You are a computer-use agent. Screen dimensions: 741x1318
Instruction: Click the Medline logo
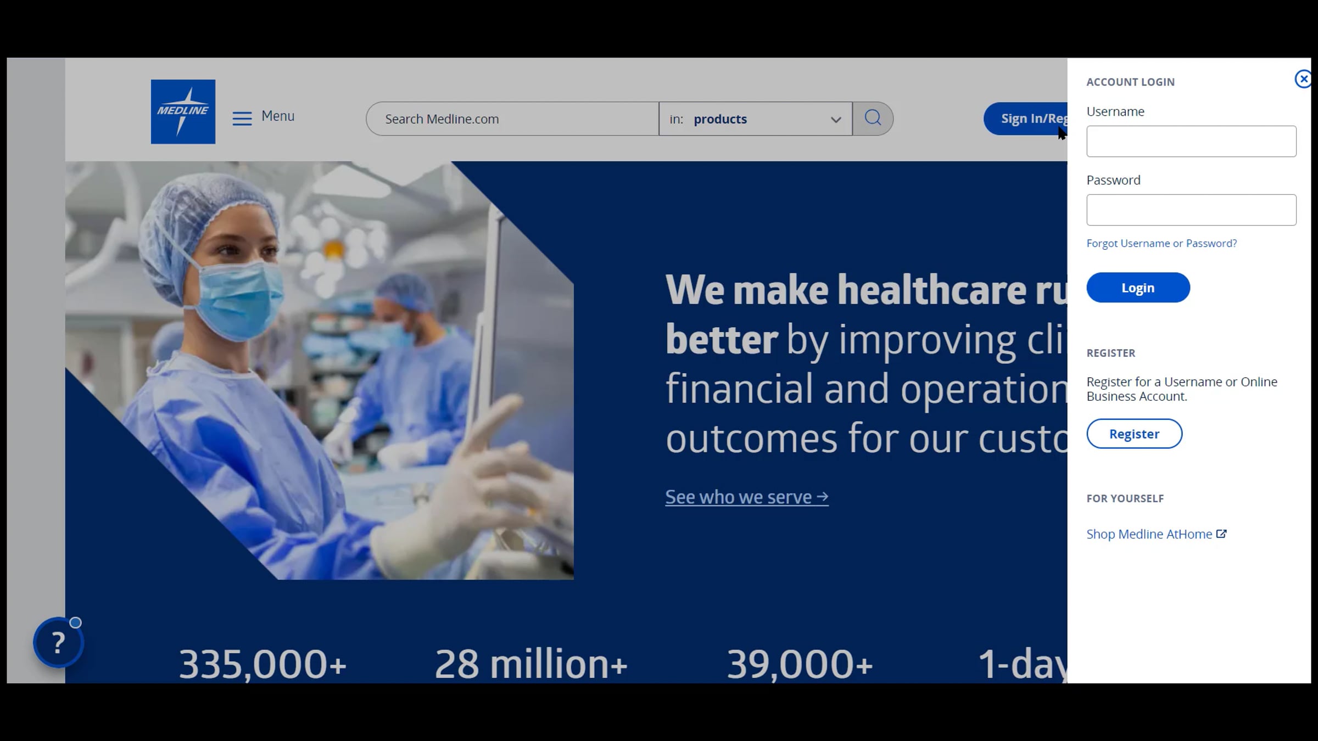[183, 111]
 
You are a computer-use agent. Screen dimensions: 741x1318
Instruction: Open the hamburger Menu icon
[242, 118]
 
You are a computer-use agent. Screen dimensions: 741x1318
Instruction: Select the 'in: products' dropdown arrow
[835, 120]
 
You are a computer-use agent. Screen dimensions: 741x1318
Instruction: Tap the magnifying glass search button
[873, 118]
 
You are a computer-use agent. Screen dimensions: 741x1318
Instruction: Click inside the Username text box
[1191, 142]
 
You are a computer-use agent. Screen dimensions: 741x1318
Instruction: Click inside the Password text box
[1191, 210]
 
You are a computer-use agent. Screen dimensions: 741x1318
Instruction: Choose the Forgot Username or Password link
[1161, 243]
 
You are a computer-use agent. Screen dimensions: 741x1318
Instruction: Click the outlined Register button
[1133, 434]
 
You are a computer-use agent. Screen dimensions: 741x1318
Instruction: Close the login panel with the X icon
[1303, 79]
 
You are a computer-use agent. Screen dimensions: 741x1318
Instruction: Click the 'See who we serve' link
[746, 497]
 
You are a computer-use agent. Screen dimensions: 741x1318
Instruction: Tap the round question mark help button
[58, 642]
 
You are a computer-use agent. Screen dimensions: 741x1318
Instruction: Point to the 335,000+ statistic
[263, 664]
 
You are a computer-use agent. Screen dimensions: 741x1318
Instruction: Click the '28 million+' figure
[530, 664]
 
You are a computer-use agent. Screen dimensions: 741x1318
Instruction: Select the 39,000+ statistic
[800, 664]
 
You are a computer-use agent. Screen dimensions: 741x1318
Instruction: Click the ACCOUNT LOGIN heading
[1130, 82]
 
